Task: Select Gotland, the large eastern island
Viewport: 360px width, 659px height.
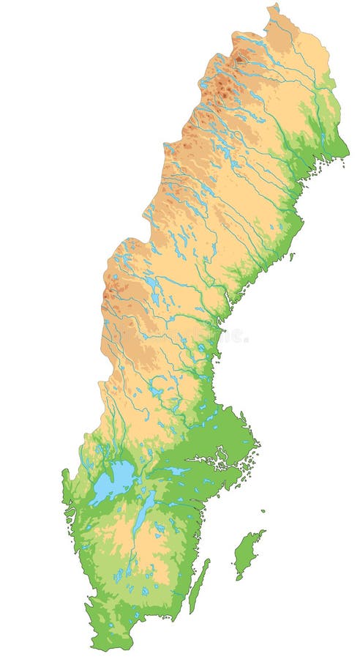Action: (247, 553)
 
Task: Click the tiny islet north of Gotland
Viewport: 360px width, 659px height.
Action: (263, 511)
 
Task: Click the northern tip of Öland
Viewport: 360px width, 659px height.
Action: (208, 560)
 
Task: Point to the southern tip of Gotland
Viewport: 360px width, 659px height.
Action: (238, 578)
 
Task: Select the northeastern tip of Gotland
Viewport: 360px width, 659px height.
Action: (264, 532)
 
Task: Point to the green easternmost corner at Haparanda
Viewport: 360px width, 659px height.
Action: (344, 153)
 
